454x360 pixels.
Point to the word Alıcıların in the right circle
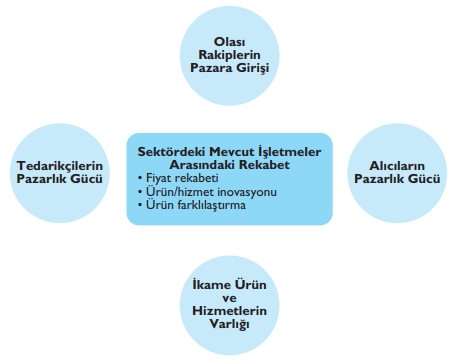coord(391,164)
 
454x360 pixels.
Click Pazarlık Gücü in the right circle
coord(391,179)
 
